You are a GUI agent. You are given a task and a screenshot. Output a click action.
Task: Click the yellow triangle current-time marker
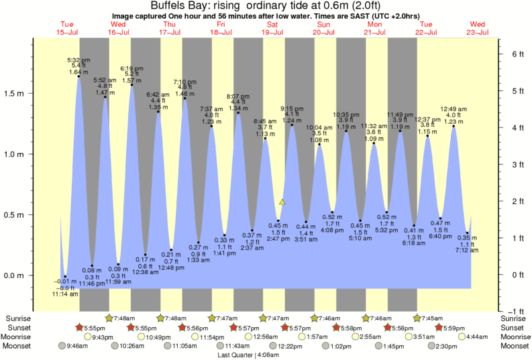(x=282, y=202)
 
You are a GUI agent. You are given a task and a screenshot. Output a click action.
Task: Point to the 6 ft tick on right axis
(x=517, y=54)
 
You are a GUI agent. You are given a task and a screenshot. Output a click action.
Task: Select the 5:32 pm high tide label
(x=78, y=60)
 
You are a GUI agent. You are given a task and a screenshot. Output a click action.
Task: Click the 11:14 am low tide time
(x=65, y=294)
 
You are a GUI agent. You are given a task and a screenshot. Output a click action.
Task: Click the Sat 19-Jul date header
(x=272, y=32)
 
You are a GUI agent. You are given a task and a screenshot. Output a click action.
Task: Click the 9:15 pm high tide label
(x=291, y=109)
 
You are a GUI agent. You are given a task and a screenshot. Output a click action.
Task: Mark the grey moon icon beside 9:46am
(x=63, y=346)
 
